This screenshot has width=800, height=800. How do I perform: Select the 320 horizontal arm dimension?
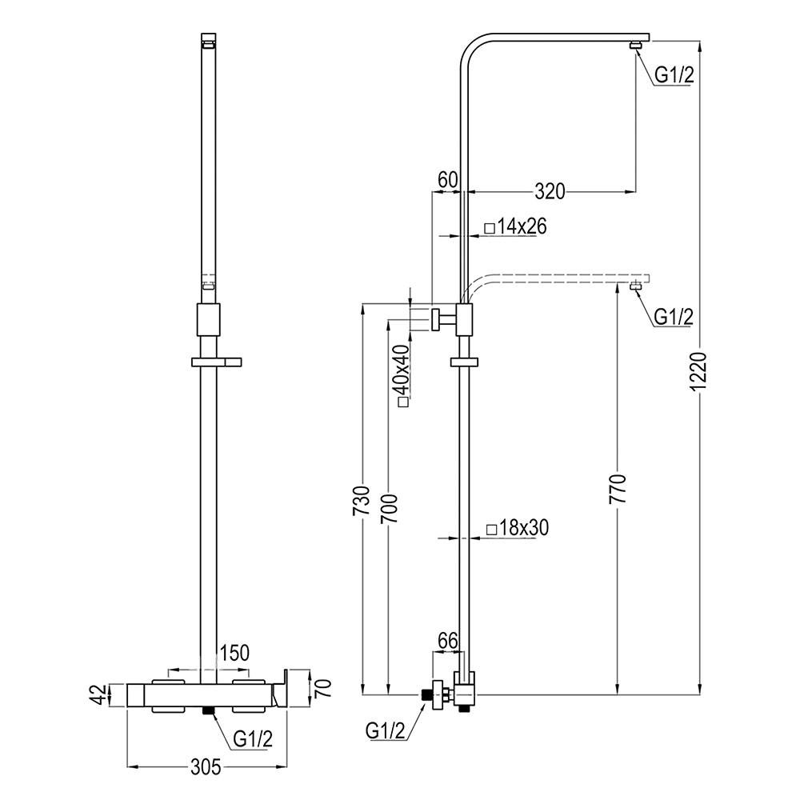pyautogui.click(x=550, y=191)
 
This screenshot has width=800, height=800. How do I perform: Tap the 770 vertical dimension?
pyautogui.click(x=617, y=490)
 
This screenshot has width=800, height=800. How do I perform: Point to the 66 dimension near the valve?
pyautogui.click(x=447, y=641)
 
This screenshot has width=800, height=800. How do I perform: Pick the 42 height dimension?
pyautogui.click(x=98, y=694)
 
